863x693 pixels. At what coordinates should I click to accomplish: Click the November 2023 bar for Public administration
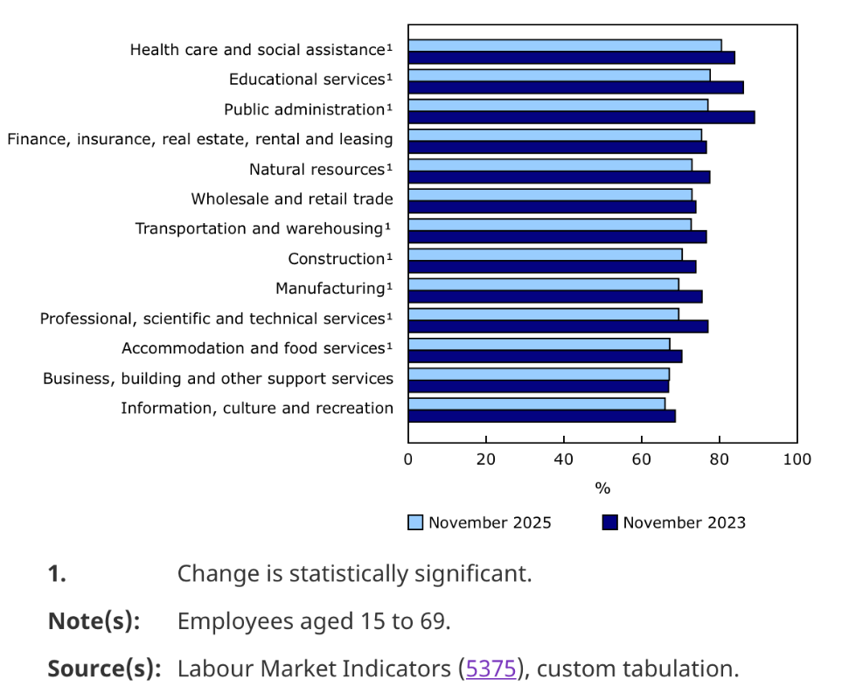(581, 117)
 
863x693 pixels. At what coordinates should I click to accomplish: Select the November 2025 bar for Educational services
(559, 75)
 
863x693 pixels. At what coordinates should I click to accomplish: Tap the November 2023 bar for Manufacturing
(554, 297)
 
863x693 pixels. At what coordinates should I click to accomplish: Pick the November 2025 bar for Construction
(545, 255)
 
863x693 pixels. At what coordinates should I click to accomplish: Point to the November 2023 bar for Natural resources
(559, 177)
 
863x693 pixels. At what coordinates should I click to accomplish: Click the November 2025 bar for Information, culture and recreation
(536, 403)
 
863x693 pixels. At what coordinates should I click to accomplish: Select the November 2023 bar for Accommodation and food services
(545, 356)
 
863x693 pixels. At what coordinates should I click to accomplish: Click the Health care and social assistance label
(261, 50)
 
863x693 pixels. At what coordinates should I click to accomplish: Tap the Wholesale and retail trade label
(292, 199)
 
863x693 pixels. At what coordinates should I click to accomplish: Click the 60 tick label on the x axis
(642, 459)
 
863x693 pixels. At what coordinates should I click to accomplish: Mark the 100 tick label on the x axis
(797, 459)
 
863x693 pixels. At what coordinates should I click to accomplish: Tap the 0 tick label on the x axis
(408, 459)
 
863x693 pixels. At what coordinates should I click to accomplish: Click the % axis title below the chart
(602, 488)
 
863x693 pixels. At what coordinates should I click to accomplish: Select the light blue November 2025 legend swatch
(415, 522)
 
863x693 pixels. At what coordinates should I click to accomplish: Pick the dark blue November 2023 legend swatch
(610, 522)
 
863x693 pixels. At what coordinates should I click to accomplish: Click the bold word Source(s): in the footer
(104, 669)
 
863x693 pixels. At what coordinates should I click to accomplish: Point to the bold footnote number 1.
(57, 575)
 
